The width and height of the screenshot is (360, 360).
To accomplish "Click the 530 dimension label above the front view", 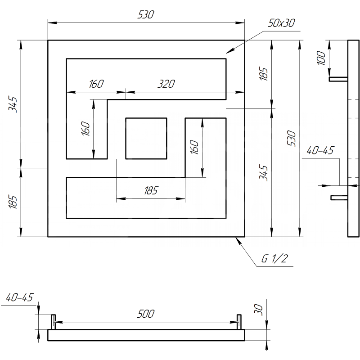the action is [x=146, y=14].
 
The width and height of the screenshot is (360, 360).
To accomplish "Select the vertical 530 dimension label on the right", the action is [x=291, y=139].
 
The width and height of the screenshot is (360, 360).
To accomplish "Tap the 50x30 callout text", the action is [x=281, y=23].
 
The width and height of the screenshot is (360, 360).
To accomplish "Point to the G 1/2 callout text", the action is [x=274, y=258].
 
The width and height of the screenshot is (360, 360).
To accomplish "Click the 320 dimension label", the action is [x=166, y=84].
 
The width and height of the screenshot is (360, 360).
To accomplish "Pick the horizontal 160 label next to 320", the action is [x=96, y=84].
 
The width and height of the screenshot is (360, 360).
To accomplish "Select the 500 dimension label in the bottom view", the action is [x=146, y=314].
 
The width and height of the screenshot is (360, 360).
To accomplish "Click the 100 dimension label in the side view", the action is [x=321, y=58].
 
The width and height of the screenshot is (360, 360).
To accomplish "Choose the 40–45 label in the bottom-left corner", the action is [x=20, y=297].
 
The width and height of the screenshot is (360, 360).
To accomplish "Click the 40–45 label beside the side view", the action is [x=320, y=150].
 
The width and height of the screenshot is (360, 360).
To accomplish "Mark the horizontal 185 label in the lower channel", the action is [x=151, y=190].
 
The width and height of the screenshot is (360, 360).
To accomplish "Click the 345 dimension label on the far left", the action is [x=13, y=104].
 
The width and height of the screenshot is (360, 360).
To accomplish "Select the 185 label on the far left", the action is [x=13, y=202].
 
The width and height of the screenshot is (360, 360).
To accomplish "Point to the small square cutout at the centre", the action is [x=146, y=139].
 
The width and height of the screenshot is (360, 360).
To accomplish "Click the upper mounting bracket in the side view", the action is [x=338, y=79].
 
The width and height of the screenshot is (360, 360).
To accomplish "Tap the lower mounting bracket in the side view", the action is [x=339, y=198].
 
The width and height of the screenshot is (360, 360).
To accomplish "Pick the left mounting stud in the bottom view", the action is [x=53, y=322].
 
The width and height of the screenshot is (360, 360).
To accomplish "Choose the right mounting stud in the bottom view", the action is [x=239, y=322].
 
